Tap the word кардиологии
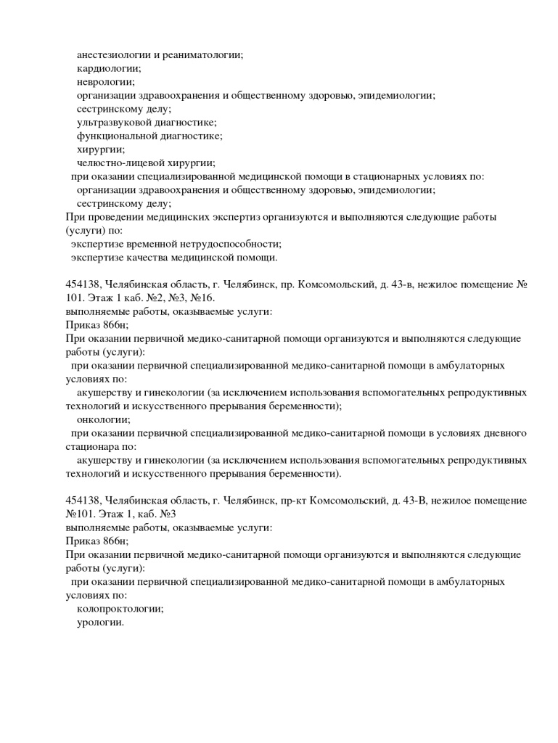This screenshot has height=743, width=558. coord(109,68)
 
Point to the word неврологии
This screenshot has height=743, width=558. coord(106,82)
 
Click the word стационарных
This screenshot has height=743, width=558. coord(410,176)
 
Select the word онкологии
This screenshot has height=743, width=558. coord(104,419)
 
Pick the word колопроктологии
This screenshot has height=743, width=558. coord(120,609)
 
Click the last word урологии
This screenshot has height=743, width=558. coord(101,623)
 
